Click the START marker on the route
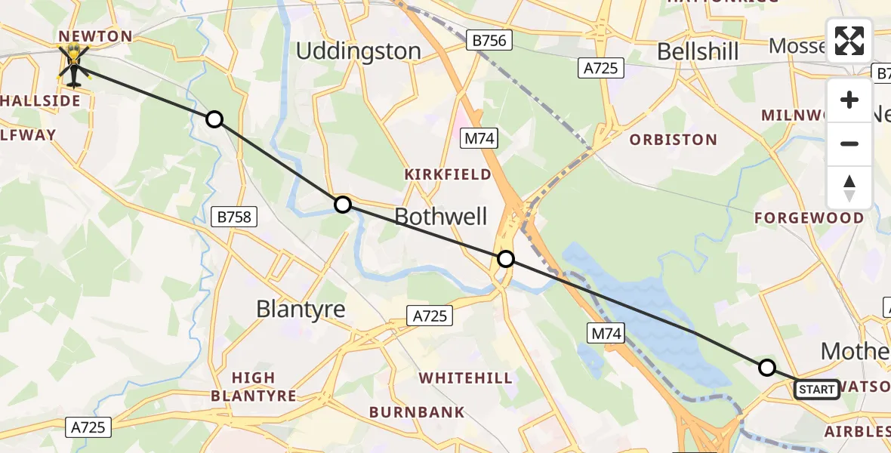pos(816,390)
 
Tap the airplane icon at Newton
pos(73,65)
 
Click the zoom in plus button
pos(849,100)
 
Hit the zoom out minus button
pos(849,143)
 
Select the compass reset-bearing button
pos(849,187)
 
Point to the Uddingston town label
pos(358,51)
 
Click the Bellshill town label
pos(698,51)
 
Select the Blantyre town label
pos(301,309)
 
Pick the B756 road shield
pos(490,40)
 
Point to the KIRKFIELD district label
pos(447,174)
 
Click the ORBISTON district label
pos(673,140)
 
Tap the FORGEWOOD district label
pos(809,218)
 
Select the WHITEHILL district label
pos(465,377)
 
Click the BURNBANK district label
pos(417,412)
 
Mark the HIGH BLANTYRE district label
pos(254,387)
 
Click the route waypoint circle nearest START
pos(766,368)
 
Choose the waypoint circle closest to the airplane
pos(214,119)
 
